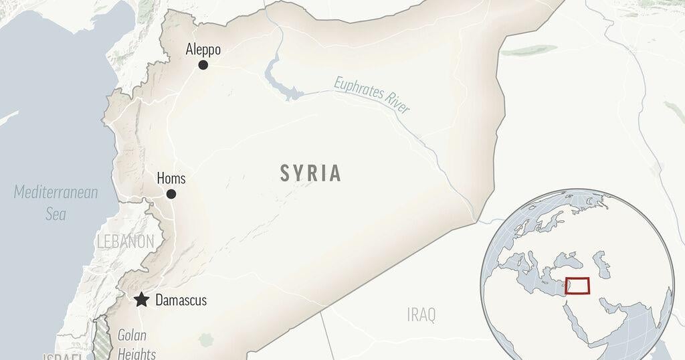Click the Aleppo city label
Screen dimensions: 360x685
(203, 50)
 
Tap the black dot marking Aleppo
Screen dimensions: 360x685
(203, 65)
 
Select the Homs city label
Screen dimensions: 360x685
(171, 179)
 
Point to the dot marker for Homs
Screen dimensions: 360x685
(171, 194)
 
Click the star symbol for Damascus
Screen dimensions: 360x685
(141, 300)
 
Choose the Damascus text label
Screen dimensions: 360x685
(181, 300)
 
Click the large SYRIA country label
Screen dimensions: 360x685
(311, 174)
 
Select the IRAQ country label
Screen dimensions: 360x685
(421, 314)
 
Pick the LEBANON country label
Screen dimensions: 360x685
(125, 242)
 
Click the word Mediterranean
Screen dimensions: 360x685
(56, 193)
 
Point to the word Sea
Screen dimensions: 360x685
(56, 214)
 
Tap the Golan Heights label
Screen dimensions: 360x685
(136, 345)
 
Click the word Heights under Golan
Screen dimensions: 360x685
(136, 353)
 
